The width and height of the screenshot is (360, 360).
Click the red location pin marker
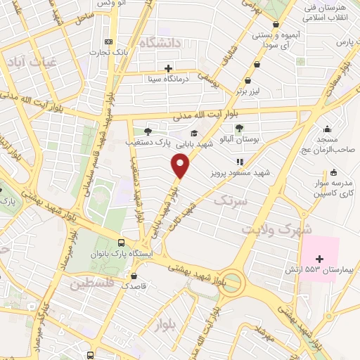click(181, 166)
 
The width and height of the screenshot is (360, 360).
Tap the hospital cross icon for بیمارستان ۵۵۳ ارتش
click(320, 259)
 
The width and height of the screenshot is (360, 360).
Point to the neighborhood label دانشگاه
click(160, 44)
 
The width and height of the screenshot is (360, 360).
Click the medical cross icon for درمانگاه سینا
click(168, 68)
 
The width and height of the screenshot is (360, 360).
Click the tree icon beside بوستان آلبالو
click(239, 128)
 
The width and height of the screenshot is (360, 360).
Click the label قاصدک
click(134, 286)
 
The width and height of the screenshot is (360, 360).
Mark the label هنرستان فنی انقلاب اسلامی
click(328, 12)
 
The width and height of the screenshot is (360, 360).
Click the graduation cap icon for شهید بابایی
click(193, 133)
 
